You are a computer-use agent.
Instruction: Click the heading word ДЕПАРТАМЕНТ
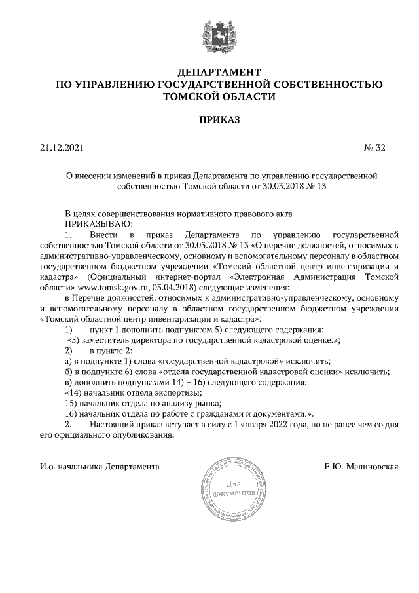[x=219, y=71]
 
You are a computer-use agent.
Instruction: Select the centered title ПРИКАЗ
[x=219, y=120]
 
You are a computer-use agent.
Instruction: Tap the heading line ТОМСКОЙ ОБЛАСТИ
[x=219, y=96]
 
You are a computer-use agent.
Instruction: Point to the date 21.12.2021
[x=58, y=148]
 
